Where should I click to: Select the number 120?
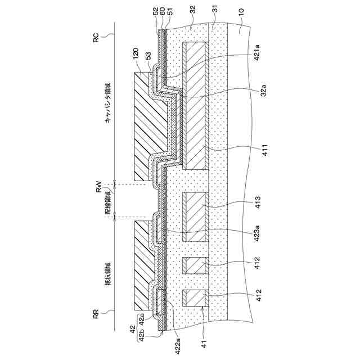click(x=136, y=55)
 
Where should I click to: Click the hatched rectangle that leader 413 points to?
click(x=196, y=217)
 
